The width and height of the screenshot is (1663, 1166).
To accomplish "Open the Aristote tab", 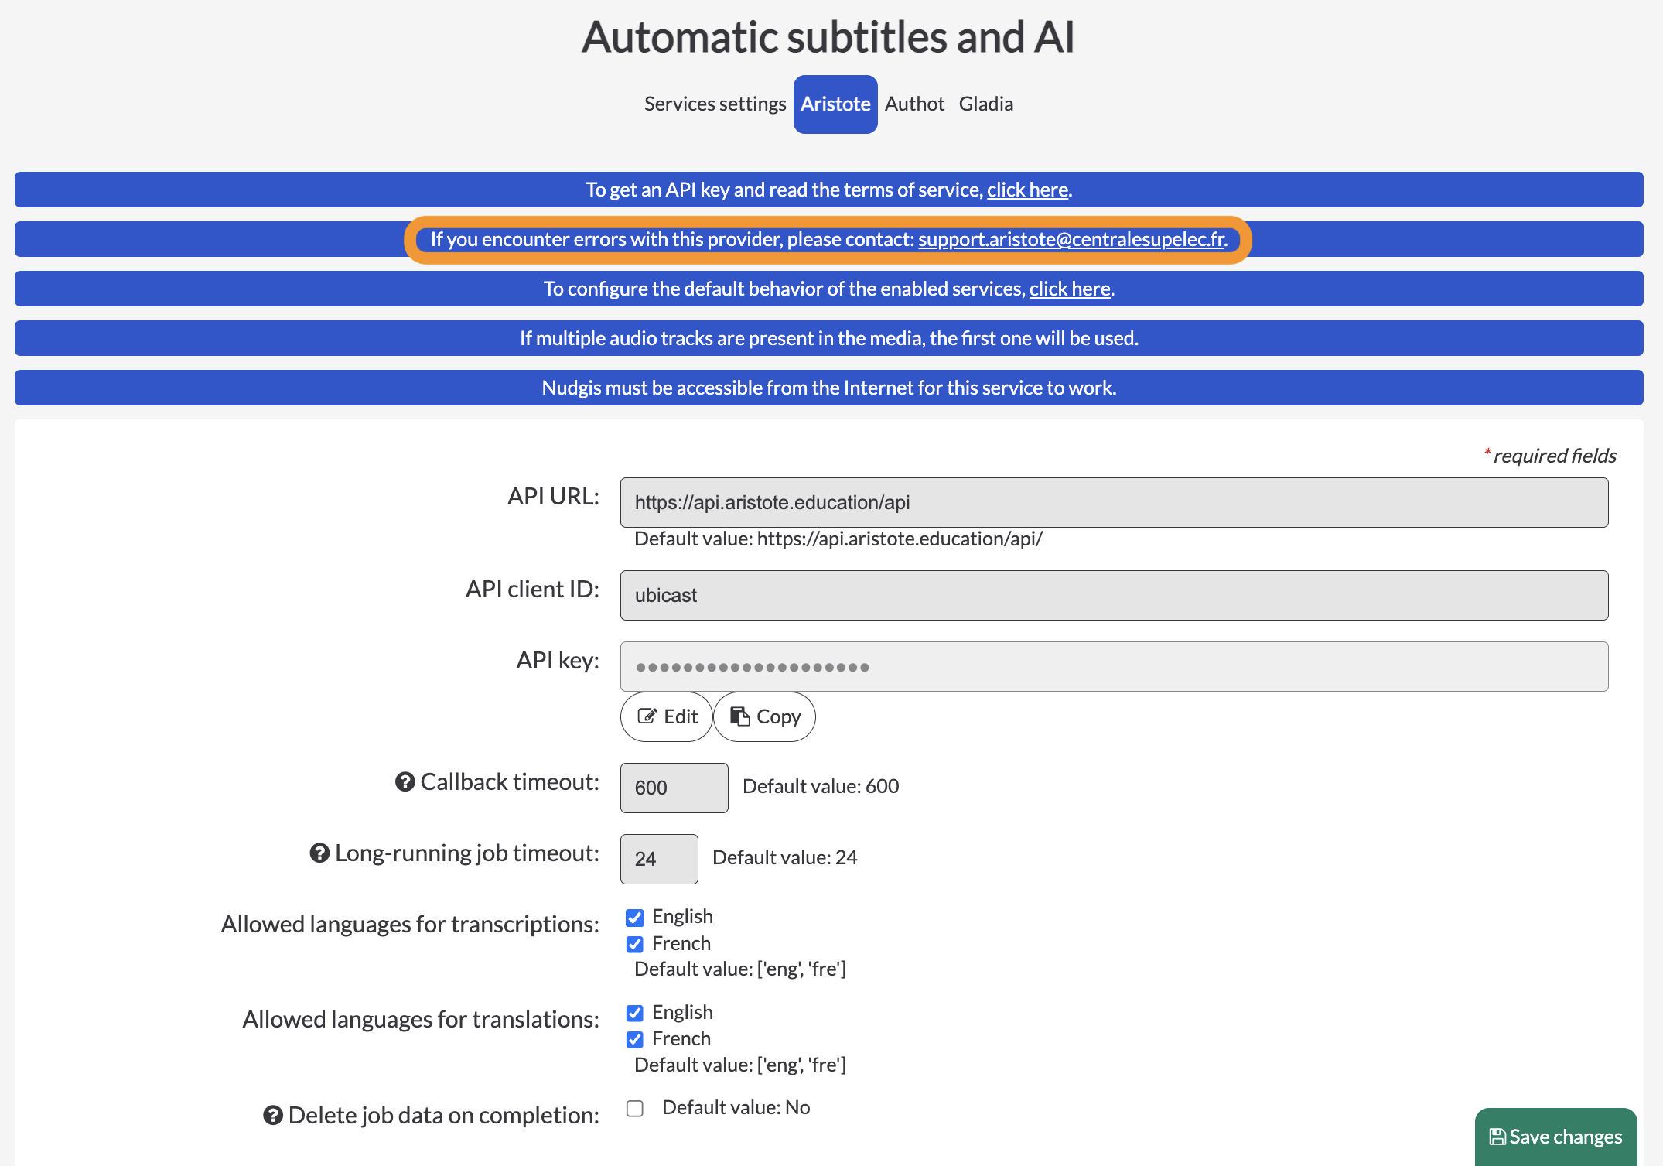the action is tap(835, 104).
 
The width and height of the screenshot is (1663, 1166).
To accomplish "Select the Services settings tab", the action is tap(715, 104).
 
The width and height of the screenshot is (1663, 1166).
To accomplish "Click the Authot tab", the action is tap(914, 104).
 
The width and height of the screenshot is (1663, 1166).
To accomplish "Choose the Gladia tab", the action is tap(986, 104).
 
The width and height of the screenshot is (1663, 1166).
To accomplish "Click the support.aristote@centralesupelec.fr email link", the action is tap(1072, 240).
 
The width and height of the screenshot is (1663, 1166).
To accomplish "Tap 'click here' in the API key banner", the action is tap(1027, 190).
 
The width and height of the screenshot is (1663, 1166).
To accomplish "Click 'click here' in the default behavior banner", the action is tap(1070, 289).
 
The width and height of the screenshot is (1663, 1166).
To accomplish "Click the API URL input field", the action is tap(1114, 503).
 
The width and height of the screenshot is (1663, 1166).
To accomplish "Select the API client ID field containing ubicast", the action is tap(1114, 596).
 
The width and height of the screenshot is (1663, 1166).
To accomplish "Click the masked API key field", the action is tap(1114, 667).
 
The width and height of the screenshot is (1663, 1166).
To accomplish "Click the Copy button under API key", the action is tap(764, 717).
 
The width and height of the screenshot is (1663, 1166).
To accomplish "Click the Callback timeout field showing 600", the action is tap(674, 788).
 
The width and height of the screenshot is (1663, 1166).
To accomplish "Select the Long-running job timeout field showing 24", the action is tap(659, 859).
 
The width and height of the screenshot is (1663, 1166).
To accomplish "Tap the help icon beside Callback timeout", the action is tap(405, 782).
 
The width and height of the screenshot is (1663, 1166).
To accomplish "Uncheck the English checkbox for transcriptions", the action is tap(635, 918).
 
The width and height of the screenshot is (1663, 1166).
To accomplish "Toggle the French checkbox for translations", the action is tap(635, 1039).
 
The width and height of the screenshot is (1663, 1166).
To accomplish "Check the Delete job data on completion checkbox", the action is tap(635, 1109).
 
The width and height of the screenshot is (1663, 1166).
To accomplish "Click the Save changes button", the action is tap(1555, 1137).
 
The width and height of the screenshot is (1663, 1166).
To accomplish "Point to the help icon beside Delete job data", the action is tap(273, 1116).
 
